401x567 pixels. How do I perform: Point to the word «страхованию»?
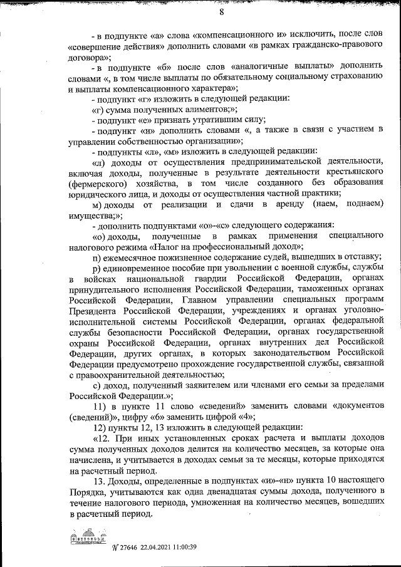coord(350,76)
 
